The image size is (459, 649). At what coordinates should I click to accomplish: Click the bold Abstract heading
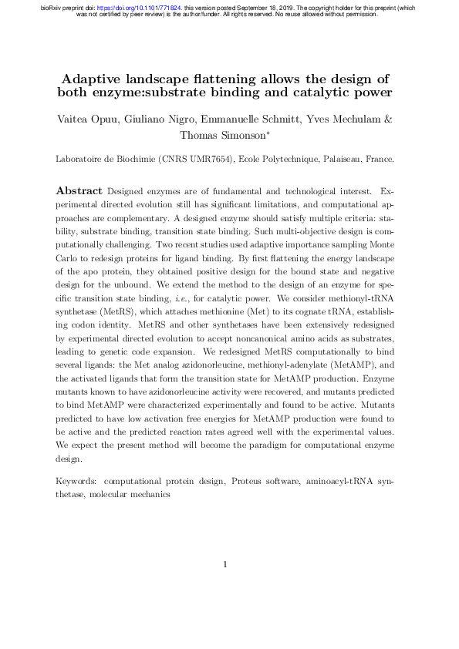[79, 190]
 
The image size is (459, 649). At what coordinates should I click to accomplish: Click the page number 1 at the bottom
[225, 565]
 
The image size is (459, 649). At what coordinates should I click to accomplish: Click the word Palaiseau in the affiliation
[344, 160]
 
